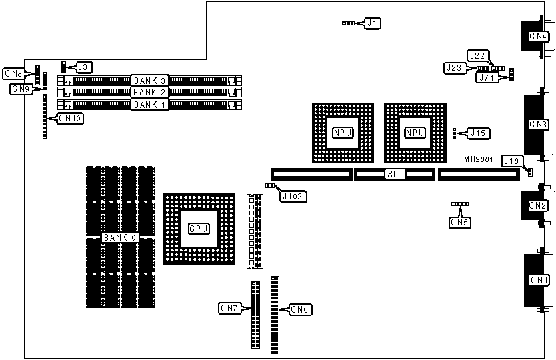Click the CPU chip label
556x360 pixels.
(199, 229)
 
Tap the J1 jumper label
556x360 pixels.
(373, 23)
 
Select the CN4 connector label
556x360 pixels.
(538, 37)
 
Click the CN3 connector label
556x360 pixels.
(538, 125)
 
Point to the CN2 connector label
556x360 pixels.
(538, 206)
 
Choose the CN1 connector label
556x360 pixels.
(538, 280)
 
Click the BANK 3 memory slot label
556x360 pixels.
(149, 81)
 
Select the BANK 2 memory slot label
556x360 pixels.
(149, 93)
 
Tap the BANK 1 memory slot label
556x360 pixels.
(149, 105)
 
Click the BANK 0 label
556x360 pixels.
(119, 237)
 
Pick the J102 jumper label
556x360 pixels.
(293, 197)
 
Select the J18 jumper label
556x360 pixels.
(511, 161)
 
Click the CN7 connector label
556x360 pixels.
(229, 309)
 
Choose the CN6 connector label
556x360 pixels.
(299, 309)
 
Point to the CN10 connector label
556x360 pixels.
(69, 118)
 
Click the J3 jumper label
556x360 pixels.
(83, 67)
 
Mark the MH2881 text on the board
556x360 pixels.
(479, 161)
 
